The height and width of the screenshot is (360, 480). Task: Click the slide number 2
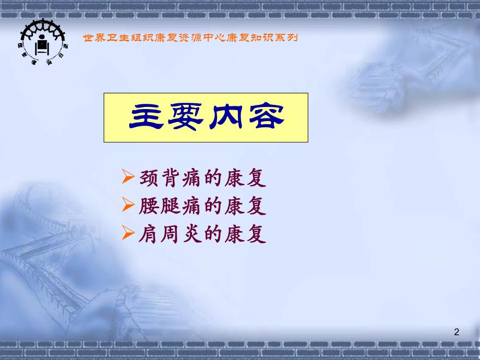click(457, 332)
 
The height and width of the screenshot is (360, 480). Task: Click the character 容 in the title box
click(265, 118)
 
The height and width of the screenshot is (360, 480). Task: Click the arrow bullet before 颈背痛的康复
click(128, 177)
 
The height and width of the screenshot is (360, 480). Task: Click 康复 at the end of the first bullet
click(246, 178)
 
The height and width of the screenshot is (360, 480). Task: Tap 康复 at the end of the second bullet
click(246, 207)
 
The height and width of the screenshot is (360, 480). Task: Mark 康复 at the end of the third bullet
click(246, 235)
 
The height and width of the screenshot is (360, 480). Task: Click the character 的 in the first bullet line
click(214, 178)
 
